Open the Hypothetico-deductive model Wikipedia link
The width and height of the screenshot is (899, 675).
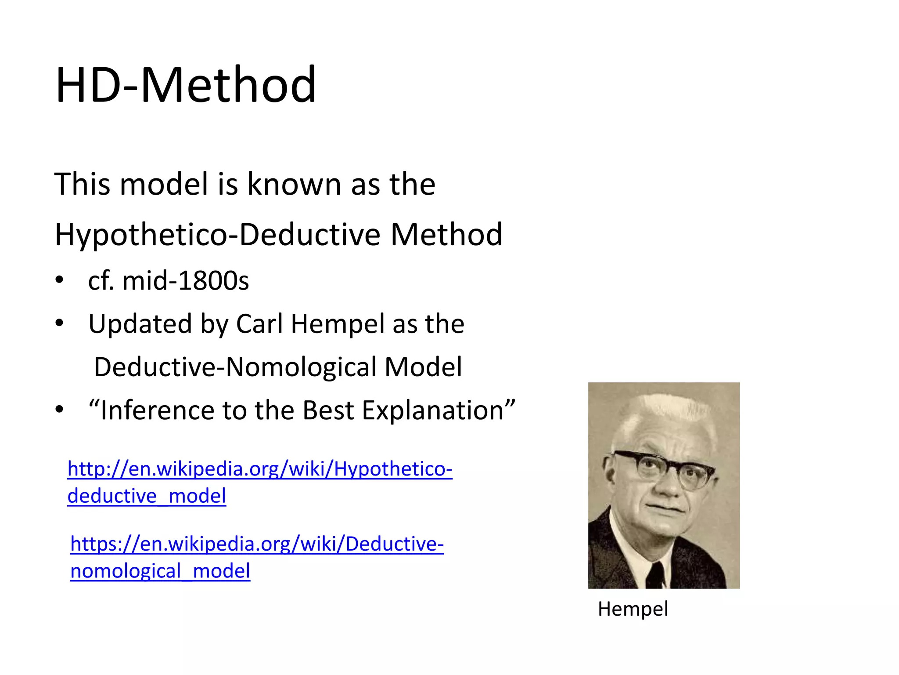click(259, 469)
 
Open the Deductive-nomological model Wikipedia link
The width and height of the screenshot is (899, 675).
click(257, 544)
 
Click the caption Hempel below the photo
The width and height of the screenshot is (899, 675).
click(633, 609)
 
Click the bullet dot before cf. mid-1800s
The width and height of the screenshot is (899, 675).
click(59, 280)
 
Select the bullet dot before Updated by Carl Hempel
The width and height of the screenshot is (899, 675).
click(59, 323)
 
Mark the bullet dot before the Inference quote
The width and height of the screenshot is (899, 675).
click(59, 410)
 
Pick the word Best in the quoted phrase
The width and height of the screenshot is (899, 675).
click(328, 410)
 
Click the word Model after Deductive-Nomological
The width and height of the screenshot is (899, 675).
click(423, 367)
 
